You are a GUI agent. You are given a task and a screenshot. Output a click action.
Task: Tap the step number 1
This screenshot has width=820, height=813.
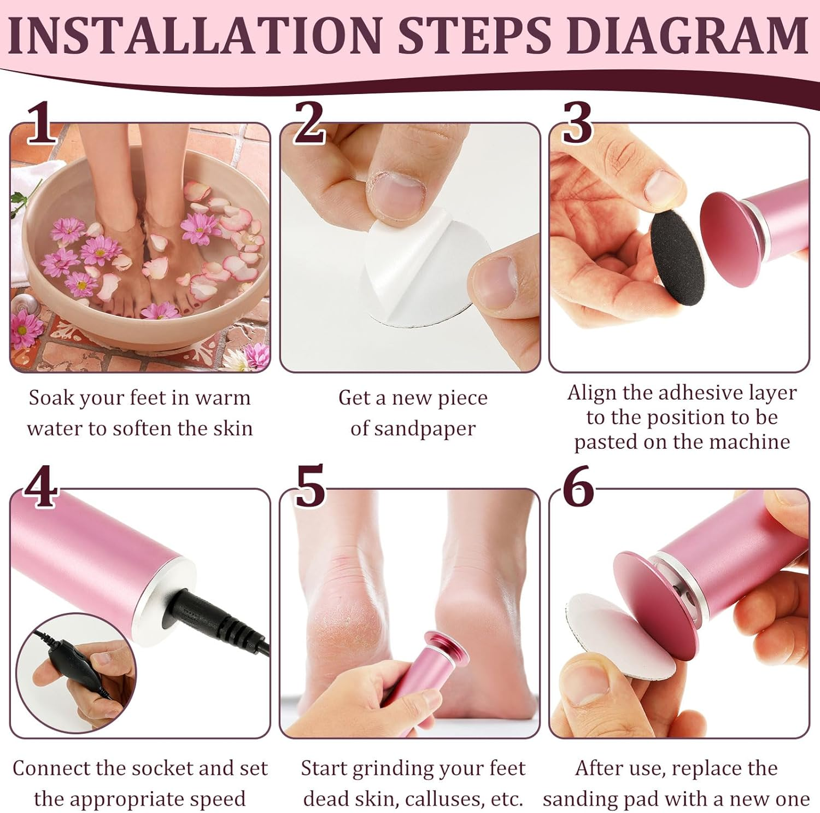tap(42, 124)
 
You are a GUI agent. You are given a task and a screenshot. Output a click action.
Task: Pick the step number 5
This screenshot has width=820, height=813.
tap(310, 487)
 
